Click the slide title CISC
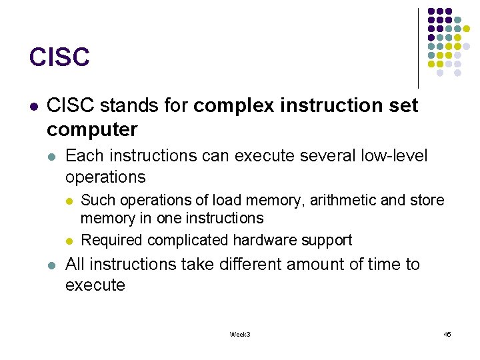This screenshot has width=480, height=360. pos(59,57)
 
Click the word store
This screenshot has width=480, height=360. pos(427,200)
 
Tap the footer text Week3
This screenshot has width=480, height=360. pos(240,334)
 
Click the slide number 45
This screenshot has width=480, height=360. pos(447,334)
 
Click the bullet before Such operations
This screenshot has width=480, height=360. pos(70,200)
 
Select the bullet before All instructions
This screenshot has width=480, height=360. pos(52,265)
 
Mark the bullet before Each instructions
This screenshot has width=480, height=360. pos(52,156)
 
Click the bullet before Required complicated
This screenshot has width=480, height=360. pos(70,240)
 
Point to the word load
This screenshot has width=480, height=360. pos(224,200)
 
